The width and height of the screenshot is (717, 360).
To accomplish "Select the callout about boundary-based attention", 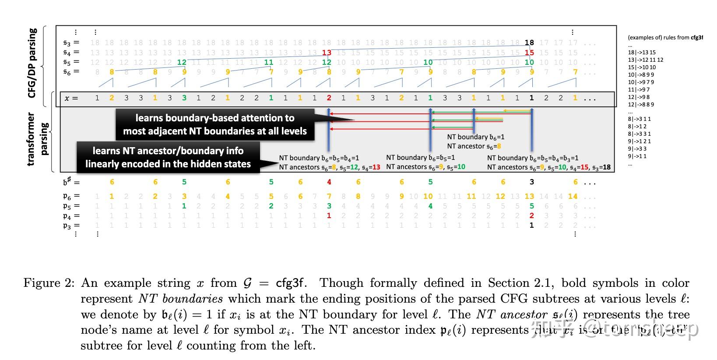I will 215,124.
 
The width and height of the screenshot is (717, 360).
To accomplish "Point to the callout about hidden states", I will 168,157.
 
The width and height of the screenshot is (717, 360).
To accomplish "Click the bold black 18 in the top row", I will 529,42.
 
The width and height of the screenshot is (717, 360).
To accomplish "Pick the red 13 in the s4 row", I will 327,53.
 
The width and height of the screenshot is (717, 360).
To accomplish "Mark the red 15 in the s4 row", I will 529,53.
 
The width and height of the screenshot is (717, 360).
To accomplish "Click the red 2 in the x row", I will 329,98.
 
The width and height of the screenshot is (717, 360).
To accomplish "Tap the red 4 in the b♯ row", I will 329,182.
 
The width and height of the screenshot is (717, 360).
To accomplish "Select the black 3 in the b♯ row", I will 531,182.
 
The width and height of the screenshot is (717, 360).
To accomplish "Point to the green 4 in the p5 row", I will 430,206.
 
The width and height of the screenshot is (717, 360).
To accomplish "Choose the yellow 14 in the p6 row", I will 573,197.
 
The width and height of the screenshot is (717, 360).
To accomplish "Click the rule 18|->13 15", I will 642,53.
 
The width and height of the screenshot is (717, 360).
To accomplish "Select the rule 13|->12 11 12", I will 645,60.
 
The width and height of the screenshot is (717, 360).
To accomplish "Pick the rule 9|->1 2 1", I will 640,141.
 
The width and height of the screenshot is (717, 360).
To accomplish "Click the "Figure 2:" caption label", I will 49,283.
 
